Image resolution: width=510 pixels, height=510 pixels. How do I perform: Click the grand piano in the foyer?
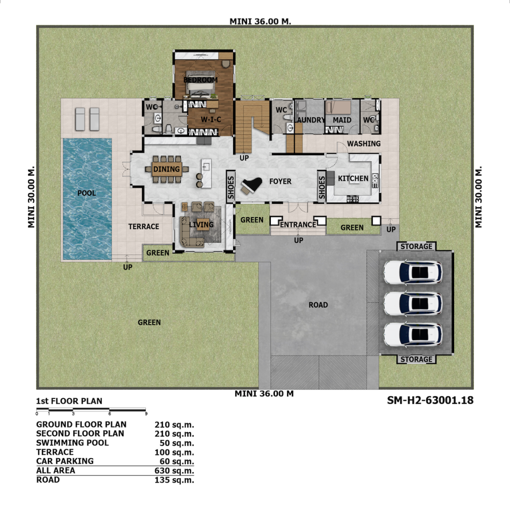252,186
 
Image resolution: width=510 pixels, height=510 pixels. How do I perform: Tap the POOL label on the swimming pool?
87,193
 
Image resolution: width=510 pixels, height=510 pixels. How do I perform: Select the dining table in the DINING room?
166,169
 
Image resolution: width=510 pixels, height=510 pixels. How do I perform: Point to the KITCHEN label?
353,178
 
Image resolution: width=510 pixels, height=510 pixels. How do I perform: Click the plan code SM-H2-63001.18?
430,400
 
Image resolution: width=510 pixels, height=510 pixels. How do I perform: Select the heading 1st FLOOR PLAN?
69,401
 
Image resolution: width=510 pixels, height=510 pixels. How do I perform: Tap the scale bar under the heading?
91,409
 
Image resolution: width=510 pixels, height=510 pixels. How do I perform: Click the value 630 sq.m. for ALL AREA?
174,471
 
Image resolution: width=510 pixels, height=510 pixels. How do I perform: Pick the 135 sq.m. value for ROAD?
174,480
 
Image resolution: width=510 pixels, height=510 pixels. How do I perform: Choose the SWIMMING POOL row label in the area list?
73,443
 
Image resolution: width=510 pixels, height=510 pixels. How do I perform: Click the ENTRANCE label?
298,225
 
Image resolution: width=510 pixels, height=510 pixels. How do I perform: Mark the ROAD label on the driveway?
318,305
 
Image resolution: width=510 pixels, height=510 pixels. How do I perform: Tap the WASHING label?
364,143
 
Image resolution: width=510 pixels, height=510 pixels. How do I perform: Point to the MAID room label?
342,120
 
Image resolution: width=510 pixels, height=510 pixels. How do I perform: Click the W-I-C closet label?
211,120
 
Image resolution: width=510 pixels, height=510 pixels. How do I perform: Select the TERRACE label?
144,227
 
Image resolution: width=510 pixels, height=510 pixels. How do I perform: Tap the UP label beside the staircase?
244,158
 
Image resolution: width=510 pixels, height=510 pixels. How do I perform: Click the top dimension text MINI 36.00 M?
260,21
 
